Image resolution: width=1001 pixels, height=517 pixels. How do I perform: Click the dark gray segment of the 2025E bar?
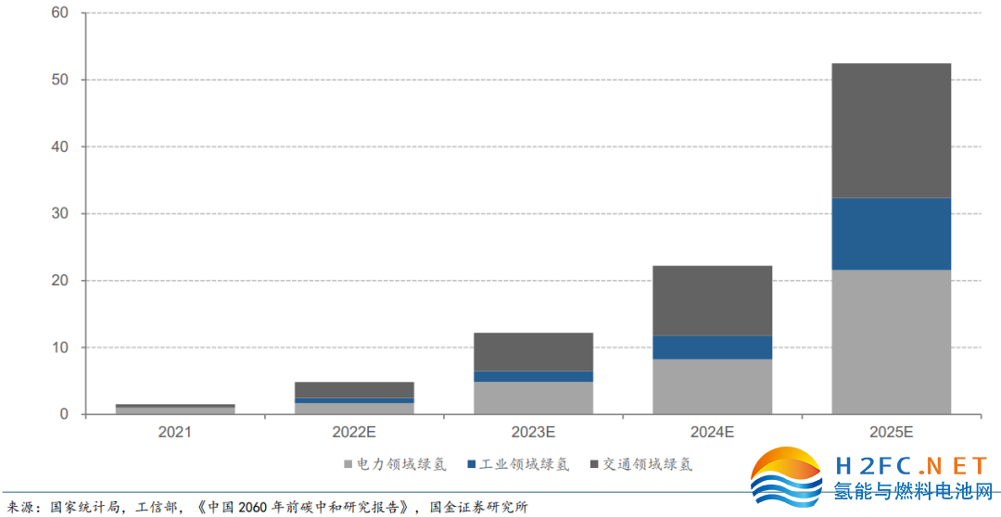pyautogui.click(x=891, y=130)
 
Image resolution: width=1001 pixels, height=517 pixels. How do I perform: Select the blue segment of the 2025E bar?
pyautogui.click(x=891, y=233)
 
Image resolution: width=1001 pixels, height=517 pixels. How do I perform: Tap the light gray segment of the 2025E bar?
pyautogui.click(x=891, y=341)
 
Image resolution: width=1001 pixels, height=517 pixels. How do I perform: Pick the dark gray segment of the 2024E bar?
pyautogui.click(x=712, y=300)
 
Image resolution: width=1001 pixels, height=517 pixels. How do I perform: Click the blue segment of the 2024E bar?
pyautogui.click(x=712, y=347)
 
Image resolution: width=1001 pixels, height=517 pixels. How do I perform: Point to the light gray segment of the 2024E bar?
pyautogui.click(x=712, y=385)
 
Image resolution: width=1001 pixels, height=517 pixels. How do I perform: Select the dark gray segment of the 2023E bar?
pyautogui.click(x=533, y=351)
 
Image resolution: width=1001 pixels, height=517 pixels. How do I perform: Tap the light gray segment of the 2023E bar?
pyautogui.click(x=533, y=397)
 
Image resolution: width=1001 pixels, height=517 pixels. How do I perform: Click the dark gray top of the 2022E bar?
pyautogui.click(x=354, y=389)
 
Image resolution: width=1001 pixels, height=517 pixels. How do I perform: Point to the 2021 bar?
pyautogui.click(x=175, y=409)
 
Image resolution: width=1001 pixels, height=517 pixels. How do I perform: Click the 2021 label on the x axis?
pyautogui.click(x=175, y=432)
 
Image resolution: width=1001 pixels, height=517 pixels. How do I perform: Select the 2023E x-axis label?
pyautogui.click(x=533, y=432)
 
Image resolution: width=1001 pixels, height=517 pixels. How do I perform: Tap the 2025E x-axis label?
pyautogui.click(x=891, y=432)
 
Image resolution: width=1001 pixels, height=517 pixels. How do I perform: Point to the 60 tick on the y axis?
pyautogui.click(x=61, y=13)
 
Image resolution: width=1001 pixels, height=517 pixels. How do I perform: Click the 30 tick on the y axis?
pyautogui.click(x=61, y=214)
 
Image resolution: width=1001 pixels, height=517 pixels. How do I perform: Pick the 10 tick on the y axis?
pyautogui.click(x=61, y=347)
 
